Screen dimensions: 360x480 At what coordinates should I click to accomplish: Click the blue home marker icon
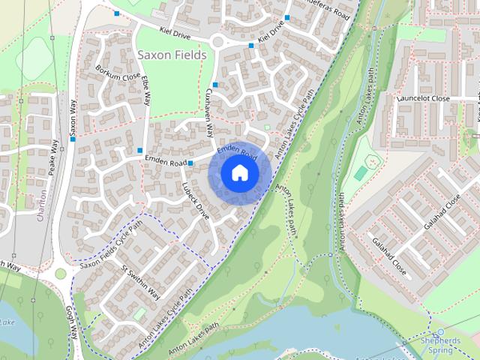(x=239, y=172)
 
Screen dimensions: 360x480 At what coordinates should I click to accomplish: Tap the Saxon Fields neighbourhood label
(x=172, y=55)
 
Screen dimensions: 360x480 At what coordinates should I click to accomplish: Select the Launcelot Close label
(x=424, y=98)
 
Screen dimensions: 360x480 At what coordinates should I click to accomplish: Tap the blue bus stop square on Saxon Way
(x=73, y=139)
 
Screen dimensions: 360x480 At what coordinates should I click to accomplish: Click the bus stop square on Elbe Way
(x=140, y=151)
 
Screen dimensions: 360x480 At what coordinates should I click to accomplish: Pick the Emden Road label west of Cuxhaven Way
(x=165, y=162)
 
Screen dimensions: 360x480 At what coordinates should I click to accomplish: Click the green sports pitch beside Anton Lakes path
(x=361, y=173)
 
